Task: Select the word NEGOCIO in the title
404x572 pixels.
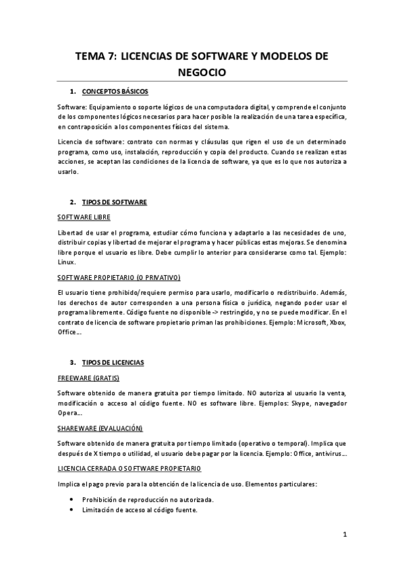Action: point(202,71)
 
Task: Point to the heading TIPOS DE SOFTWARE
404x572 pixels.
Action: point(114,202)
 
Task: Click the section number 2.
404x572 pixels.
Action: point(72,202)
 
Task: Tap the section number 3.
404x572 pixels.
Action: point(72,362)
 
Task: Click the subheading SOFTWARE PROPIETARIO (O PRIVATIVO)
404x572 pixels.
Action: point(118,277)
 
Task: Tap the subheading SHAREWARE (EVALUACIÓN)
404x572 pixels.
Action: point(100,428)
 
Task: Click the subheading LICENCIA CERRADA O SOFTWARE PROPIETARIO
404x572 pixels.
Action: point(129,468)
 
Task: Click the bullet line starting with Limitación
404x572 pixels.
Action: point(140,510)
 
